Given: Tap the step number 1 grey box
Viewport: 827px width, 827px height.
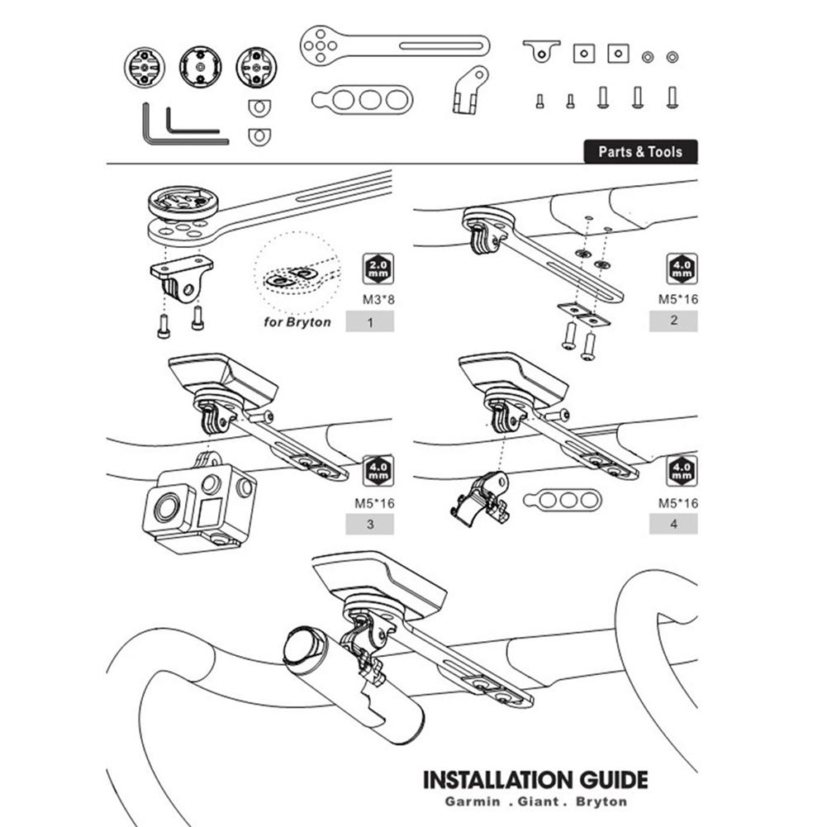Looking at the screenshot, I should coord(369,321).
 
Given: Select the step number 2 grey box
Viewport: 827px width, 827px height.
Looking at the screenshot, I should coord(673,321).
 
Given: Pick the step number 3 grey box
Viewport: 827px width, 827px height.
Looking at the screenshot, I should coord(369,524).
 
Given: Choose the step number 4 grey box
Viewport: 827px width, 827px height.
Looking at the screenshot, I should coord(673,524).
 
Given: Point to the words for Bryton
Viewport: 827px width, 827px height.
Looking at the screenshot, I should coord(297,321).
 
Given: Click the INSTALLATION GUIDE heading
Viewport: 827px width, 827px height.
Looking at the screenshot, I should coord(535,779).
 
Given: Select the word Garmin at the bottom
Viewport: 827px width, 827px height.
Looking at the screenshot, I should coord(476,801).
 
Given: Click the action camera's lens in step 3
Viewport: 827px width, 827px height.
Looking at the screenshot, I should coord(166,507).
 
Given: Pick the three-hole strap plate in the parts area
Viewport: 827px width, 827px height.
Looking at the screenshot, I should coord(361,100).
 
